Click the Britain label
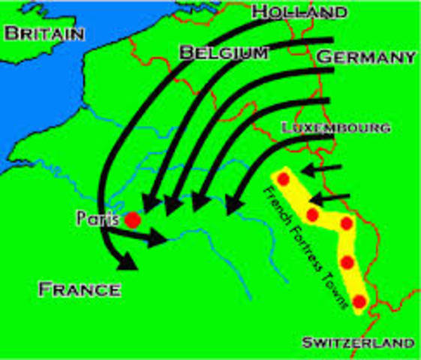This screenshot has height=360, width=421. tap(44, 34)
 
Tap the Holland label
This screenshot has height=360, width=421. tap(299, 11)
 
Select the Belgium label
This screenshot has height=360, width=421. tap(223, 53)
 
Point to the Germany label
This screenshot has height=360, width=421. tap(365, 58)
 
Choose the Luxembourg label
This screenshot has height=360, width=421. tap(335, 127)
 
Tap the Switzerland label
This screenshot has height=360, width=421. tap(357, 343)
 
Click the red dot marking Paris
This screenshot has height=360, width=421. tap(132, 220)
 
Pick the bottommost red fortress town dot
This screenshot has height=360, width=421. tap(359, 301)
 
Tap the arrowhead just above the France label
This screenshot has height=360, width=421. tap(128, 262)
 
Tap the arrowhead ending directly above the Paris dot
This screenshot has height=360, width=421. tap(147, 202)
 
